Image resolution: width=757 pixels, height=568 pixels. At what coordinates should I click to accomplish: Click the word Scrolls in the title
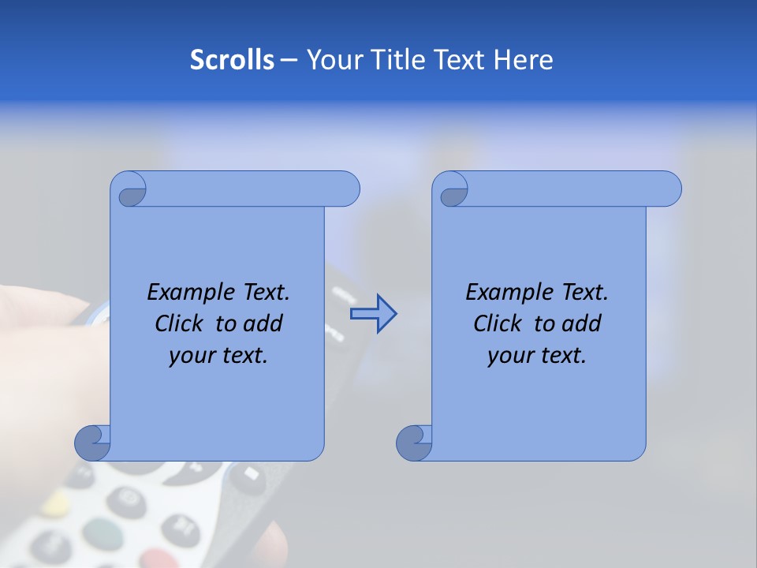(x=232, y=60)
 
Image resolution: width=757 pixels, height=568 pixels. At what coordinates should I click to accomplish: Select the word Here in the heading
(x=524, y=60)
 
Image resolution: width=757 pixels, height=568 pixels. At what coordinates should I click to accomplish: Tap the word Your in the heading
(x=331, y=60)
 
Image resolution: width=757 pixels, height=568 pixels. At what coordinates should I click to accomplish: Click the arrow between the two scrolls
(x=373, y=314)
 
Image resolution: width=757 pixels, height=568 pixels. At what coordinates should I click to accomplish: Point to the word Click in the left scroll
(x=181, y=323)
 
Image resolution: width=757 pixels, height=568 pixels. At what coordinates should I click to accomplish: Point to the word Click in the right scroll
(x=499, y=323)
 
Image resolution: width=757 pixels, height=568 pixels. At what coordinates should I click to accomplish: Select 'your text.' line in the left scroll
(x=218, y=356)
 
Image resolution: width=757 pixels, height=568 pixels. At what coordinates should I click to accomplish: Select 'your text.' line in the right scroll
(x=537, y=356)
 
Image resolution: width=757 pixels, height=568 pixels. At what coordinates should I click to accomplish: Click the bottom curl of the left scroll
(x=92, y=443)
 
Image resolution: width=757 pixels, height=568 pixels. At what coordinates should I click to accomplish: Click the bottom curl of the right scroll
(x=414, y=443)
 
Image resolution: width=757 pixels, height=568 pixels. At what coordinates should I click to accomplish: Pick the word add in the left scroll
(x=262, y=323)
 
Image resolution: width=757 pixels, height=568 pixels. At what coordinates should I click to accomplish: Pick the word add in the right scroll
(x=580, y=323)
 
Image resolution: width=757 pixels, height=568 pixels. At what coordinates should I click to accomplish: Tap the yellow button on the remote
(x=55, y=503)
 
